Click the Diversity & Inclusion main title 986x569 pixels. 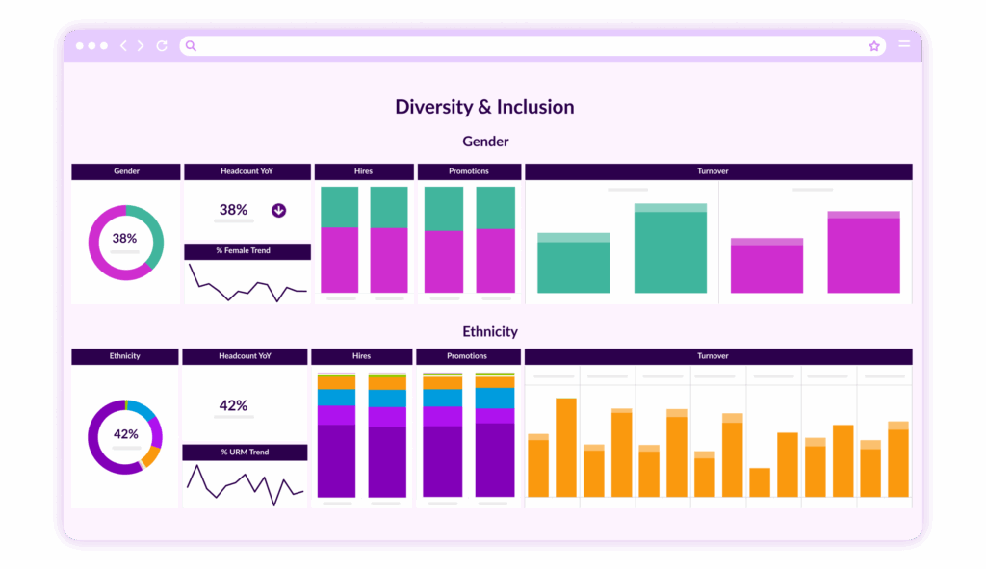click(484, 107)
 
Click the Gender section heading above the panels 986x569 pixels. click(485, 142)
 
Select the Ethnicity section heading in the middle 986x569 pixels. click(489, 331)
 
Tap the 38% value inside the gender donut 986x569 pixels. click(124, 238)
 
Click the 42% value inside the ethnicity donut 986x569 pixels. click(125, 433)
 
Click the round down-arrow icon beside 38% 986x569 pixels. click(278, 210)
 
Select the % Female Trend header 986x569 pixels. click(247, 251)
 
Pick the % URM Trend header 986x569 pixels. click(245, 453)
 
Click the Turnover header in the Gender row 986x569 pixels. click(717, 171)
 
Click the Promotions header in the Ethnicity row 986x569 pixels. click(467, 356)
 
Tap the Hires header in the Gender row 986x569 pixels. click(363, 171)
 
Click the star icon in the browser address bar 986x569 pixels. click(874, 45)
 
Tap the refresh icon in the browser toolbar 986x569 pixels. click(162, 45)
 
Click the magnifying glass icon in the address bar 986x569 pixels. click(191, 45)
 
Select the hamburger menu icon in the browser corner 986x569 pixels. click(904, 45)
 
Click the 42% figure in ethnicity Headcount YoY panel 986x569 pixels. click(234, 405)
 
